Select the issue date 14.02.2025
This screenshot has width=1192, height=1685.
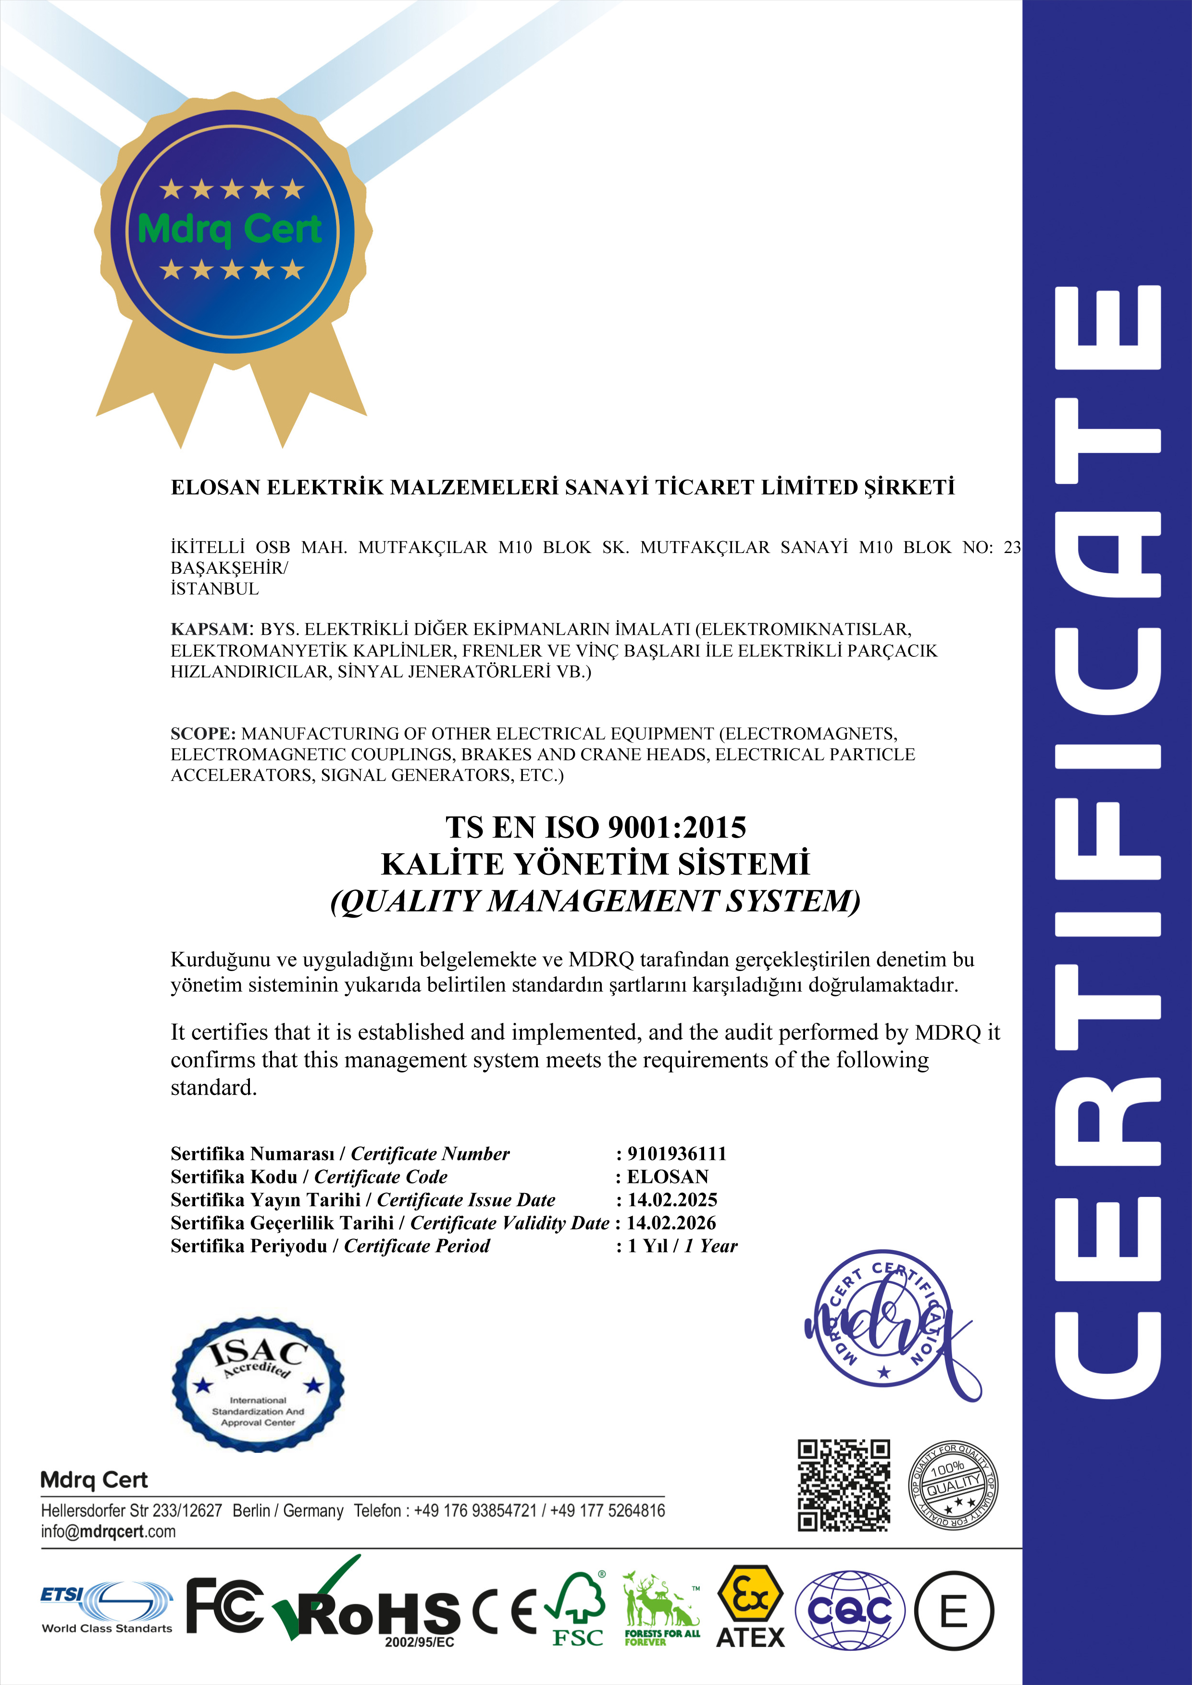click(671, 1200)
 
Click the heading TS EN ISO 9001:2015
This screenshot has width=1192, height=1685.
click(595, 827)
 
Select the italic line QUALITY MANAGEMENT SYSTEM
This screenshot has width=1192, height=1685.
click(595, 901)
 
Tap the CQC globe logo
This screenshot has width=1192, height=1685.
click(850, 1611)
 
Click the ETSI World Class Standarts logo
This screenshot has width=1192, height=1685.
click(107, 1607)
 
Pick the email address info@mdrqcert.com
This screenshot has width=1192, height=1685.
click(109, 1532)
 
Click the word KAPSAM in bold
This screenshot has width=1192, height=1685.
click(211, 629)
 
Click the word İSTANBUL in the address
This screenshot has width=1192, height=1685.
click(214, 589)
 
